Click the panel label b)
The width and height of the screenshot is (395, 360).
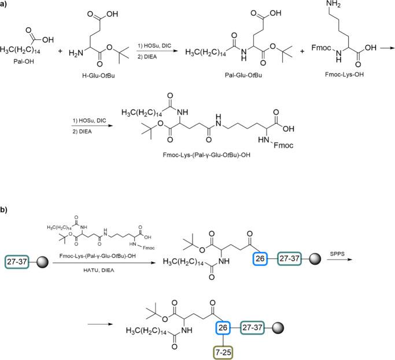(5, 195)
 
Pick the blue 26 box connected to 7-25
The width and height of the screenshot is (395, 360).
(222, 327)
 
